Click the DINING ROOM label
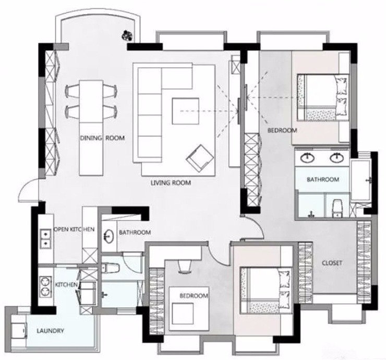click(x=102, y=138)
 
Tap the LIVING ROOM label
click(x=171, y=183)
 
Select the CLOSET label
click(x=332, y=263)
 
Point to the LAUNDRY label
click(x=50, y=331)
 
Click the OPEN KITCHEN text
click(x=74, y=229)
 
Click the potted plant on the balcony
click(x=128, y=35)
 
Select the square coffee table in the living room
click(x=185, y=111)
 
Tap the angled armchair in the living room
click(x=200, y=158)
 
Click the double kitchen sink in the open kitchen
click(x=46, y=238)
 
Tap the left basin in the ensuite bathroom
click(x=307, y=158)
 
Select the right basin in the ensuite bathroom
click(x=337, y=158)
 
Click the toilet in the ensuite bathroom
click(x=337, y=208)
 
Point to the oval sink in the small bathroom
click(x=108, y=236)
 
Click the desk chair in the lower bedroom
click(x=184, y=267)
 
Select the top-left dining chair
click(x=73, y=91)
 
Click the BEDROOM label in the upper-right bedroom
click(x=282, y=130)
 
